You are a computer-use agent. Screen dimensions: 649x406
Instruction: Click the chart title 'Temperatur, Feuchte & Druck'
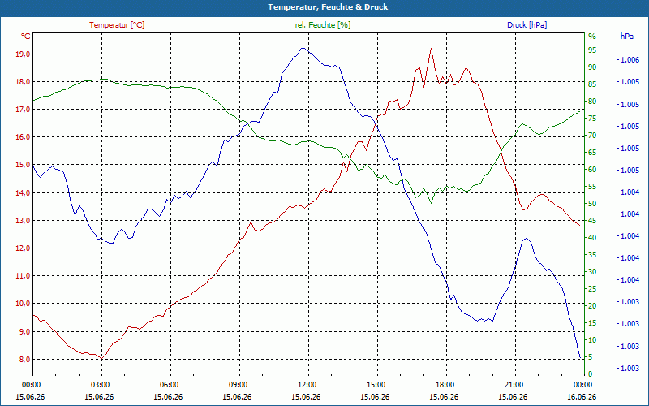(x=328, y=7)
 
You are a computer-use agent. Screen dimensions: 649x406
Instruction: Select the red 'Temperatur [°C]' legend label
(x=117, y=25)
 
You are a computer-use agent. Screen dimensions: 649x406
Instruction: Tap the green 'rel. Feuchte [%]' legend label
(x=322, y=25)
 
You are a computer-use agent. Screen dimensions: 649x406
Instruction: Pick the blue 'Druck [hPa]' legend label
(x=527, y=25)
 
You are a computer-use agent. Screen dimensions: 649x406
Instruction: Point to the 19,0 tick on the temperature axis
(x=22, y=54)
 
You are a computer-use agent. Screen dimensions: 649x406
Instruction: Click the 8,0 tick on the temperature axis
(x=24, y=359)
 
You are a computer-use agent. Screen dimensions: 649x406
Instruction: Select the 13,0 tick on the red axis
(x=22, y=220)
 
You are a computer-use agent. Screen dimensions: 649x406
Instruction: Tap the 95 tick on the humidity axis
(x=592, y=50)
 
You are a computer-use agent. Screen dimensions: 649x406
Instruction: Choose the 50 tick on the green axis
(x=592, y=204)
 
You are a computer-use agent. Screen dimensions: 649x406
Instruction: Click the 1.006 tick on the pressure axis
(x=630, y=60)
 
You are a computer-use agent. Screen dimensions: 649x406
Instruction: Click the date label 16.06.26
(x=582, y=396)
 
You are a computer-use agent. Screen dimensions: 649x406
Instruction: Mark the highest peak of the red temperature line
(x=431, y=49)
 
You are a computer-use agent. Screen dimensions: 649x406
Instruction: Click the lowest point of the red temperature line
(x=101, y=358)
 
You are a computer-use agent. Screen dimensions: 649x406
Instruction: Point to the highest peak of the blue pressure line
(x=303, y=48)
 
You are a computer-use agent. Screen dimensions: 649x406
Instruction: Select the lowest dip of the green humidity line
(x=431, y=203)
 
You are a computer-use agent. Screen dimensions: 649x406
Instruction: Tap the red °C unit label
(x=26, y=37)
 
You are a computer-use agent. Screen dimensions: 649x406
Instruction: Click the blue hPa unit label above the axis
(x=626, y=37)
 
